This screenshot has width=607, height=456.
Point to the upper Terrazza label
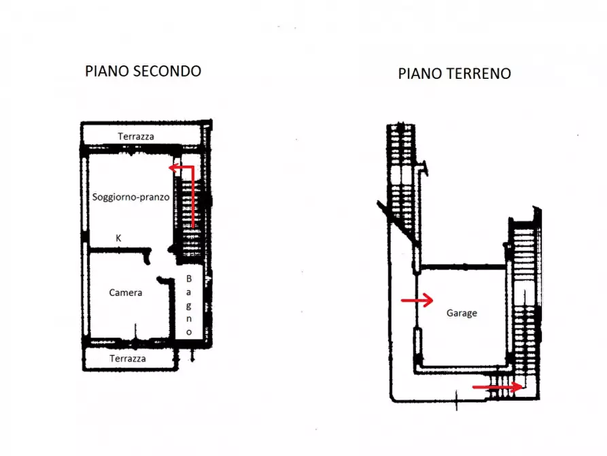(136, 136)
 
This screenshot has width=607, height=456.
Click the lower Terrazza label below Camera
(127, 358)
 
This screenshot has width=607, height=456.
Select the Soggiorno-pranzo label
(131, 197)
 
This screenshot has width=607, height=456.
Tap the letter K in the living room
(118, 238)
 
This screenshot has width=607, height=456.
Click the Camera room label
(126, 293)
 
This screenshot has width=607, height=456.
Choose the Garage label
(462, 313)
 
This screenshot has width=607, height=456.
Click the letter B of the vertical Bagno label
(189, 278)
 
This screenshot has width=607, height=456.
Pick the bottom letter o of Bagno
(189, 331)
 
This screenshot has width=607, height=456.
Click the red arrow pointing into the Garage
(417, 300)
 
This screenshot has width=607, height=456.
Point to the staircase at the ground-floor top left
(401, 184)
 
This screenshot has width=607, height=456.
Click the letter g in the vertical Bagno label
(189, 305)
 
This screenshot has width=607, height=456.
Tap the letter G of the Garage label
(449, 313)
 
